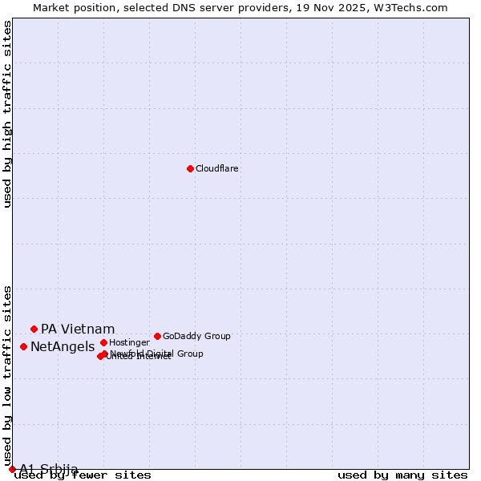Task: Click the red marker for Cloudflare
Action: tap(190, 168)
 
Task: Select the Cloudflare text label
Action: tap(217, 169)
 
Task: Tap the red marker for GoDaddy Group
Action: tap(157, 336)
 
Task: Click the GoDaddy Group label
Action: tap(196, 337)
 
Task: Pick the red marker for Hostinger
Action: tap(103, 342)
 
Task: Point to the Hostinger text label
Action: tap(129, 343)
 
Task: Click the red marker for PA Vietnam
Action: tap(34, 329)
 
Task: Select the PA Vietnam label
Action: tap(78, 329)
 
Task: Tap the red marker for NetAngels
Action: tap(23, 346)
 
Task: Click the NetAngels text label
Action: tap(63, 347)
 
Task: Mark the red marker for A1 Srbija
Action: tap(12, 469)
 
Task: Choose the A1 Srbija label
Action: tap(49, 469)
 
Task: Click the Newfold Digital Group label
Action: tap(157, 354)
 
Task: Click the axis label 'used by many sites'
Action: tap(402, 475)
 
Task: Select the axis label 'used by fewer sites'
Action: tap(83, 475)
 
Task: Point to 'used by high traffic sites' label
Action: tap(8, 114)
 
